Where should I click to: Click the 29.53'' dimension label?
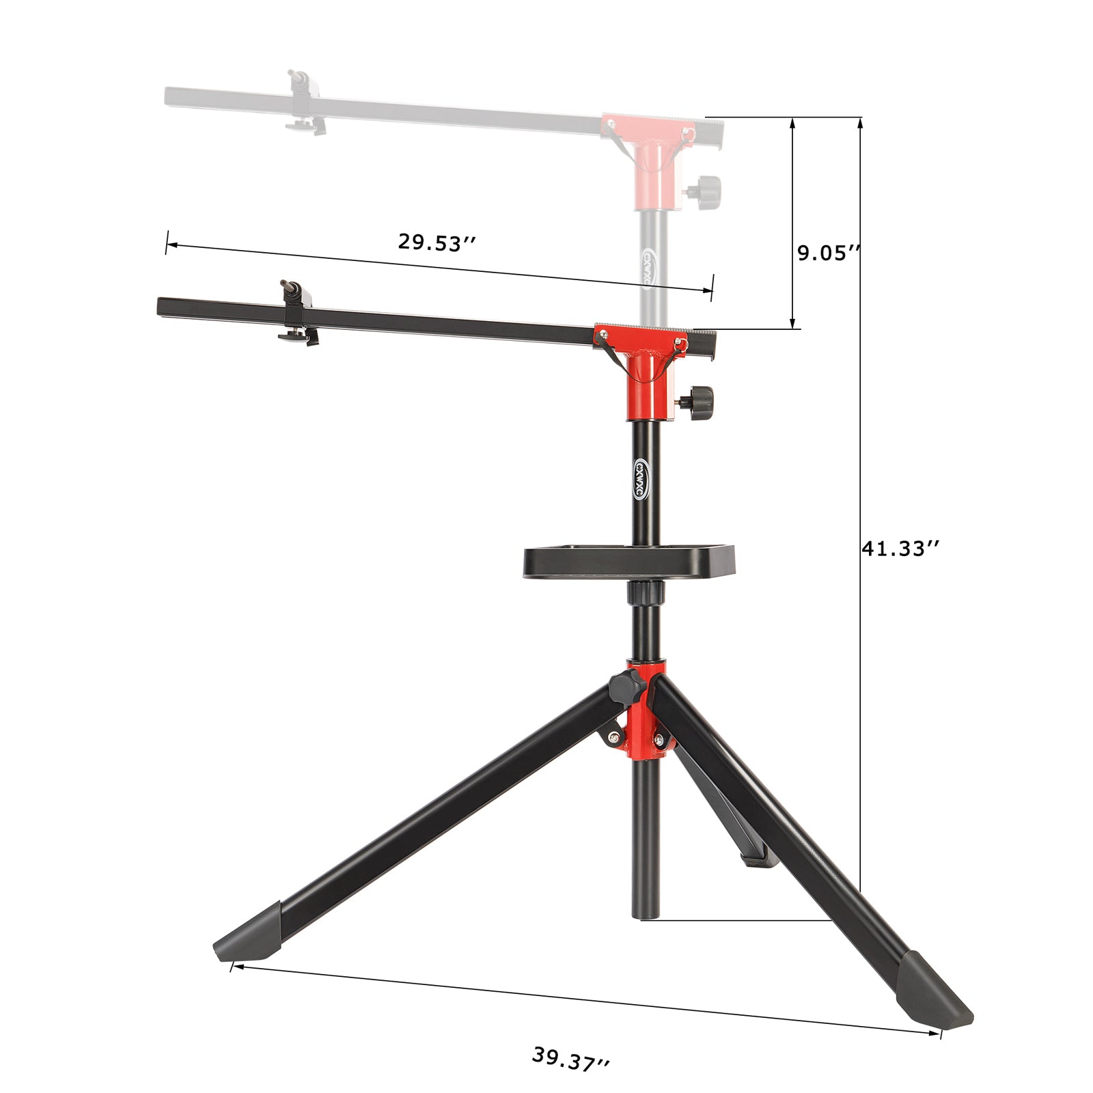pyautogui.click(x=437, y=242)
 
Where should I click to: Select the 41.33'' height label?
pyautogui.click(x=901, y=548)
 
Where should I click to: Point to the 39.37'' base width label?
pyautogui.click(x=571, y=1059)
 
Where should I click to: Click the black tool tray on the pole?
pyautogui.click(x=628, y=562)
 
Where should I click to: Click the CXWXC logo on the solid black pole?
pyautogui.click(x=642, y=478)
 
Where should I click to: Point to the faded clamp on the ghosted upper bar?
pyautogui.click(x=306, y=102)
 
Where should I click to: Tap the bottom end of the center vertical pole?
pyautogui.click(x=646, y=914)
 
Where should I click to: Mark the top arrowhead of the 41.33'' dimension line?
pyautogui.click(x=860, y=122)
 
